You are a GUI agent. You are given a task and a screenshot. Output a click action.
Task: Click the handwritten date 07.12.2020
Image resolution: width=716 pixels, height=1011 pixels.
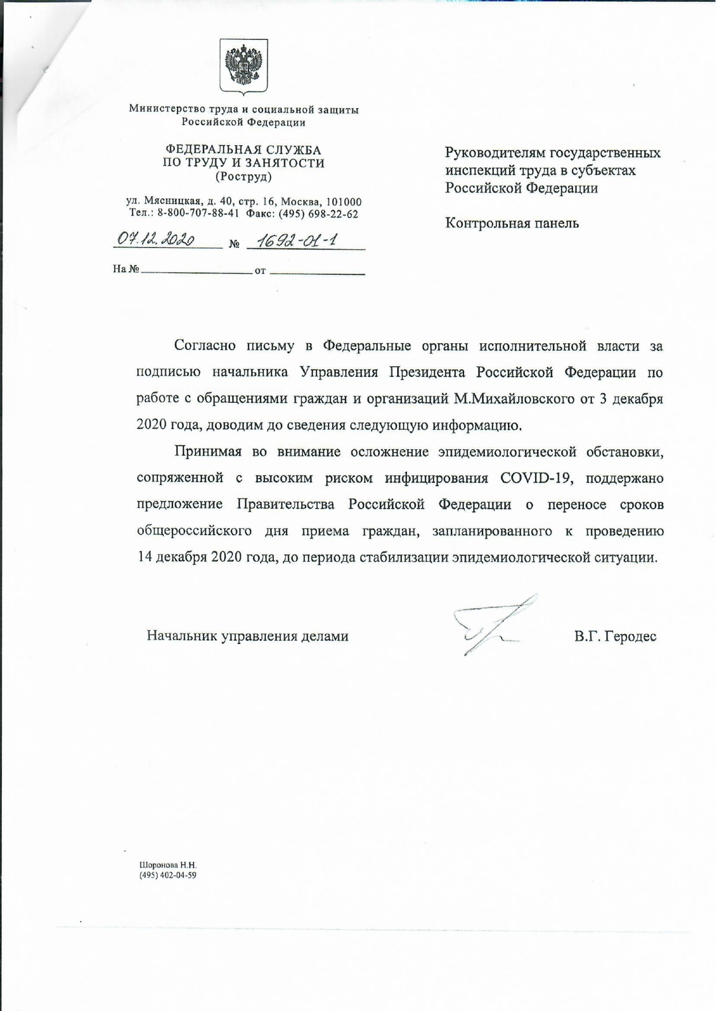point(155,239)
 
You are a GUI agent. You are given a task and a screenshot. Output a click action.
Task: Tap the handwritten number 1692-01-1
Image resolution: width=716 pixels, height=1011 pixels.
point(297,240)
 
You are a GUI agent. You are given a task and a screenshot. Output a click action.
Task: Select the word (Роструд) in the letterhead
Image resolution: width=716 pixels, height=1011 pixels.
point(243,177)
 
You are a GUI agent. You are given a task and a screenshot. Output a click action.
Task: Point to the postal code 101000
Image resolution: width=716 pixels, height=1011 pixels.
point(345,202)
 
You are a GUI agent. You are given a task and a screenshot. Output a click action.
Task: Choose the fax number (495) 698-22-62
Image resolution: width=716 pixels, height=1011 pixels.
point(318,214)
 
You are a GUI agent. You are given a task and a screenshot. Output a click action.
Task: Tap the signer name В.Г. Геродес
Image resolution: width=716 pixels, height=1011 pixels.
point(615,637)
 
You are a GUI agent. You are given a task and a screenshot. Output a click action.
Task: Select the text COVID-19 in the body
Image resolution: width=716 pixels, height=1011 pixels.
point(535,478)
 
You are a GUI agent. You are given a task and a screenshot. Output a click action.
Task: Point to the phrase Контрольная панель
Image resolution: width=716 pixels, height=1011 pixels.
point(512,223)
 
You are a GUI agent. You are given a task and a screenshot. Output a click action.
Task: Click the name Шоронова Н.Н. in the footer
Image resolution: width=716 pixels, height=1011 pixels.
point(168,865)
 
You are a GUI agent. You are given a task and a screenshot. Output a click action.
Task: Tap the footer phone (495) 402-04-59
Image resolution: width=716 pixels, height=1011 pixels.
point(168,875)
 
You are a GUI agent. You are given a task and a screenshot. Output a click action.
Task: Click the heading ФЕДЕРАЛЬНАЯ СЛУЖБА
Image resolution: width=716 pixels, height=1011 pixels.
point(243,150)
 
